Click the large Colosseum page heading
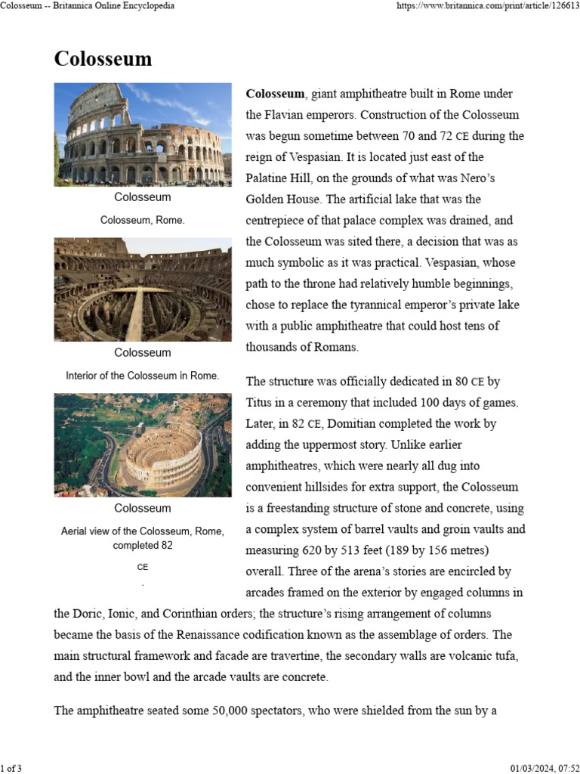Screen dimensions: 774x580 103,59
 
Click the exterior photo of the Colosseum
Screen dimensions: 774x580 143,135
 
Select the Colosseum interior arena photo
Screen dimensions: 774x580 143,289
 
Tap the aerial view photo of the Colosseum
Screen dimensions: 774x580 143,444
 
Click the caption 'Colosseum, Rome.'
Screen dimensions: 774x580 143,220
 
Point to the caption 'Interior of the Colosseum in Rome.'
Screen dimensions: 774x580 143,376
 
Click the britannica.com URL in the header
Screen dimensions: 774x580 488,6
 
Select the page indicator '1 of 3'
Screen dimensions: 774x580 12,769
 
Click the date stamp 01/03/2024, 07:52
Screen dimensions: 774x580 542,769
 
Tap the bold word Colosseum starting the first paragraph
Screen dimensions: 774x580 275,94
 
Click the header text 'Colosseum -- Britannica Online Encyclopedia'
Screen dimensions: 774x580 88,6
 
